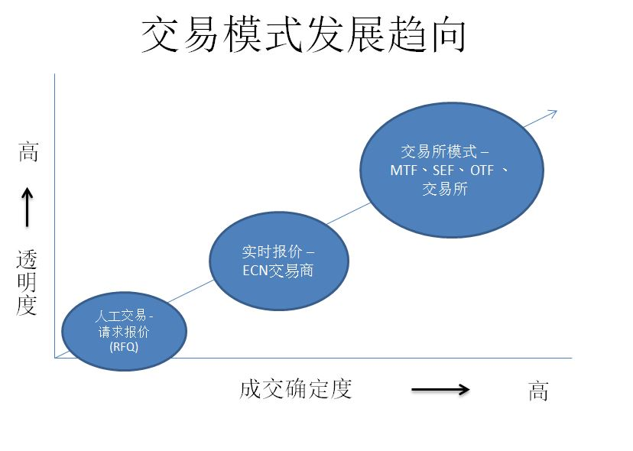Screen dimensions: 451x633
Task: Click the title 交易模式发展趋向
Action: (304, 37)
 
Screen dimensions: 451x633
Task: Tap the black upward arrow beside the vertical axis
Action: (28, 208)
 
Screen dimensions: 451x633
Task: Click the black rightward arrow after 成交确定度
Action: (440, 390)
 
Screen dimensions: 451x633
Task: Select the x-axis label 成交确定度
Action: (295, 389)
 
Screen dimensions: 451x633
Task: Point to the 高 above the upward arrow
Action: (28, 152)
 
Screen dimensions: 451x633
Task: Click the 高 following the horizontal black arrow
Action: (538, 391)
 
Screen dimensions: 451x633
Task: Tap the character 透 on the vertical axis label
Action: (27, 260)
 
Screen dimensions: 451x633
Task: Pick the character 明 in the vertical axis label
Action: (27, 283)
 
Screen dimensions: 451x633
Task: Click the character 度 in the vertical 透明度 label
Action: (27, 306)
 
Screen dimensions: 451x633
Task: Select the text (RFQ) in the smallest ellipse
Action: (124, 346)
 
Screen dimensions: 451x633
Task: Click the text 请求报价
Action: (124, 332)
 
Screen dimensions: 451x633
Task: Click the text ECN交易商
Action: (278, 271)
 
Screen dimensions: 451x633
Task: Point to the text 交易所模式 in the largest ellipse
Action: (439, 152)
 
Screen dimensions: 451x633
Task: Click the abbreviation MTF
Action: (403, 170)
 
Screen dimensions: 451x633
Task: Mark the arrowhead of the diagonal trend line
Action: (553, 112)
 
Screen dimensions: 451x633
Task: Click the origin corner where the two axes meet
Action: (55, 357)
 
